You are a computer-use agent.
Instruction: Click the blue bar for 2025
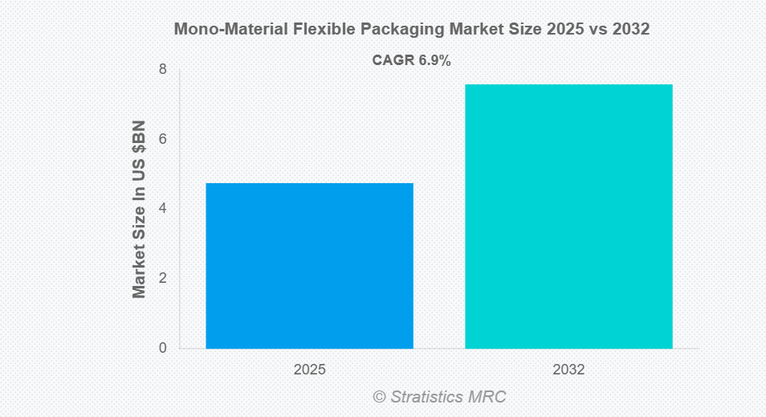coord(309,265)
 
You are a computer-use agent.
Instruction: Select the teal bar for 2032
coord(568,216)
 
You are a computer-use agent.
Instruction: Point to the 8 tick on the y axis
coord(162,70)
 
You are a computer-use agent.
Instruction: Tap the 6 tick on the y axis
coord(162,139)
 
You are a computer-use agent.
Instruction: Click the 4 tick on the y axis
coord(162,209)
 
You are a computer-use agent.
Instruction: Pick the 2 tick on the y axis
coord(162,279)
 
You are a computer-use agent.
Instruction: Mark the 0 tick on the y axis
coord(162,348)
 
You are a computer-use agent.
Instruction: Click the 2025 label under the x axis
coord(309,370)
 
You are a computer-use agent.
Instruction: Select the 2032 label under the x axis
coord(568,370)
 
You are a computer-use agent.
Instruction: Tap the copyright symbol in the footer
coord(379,397)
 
